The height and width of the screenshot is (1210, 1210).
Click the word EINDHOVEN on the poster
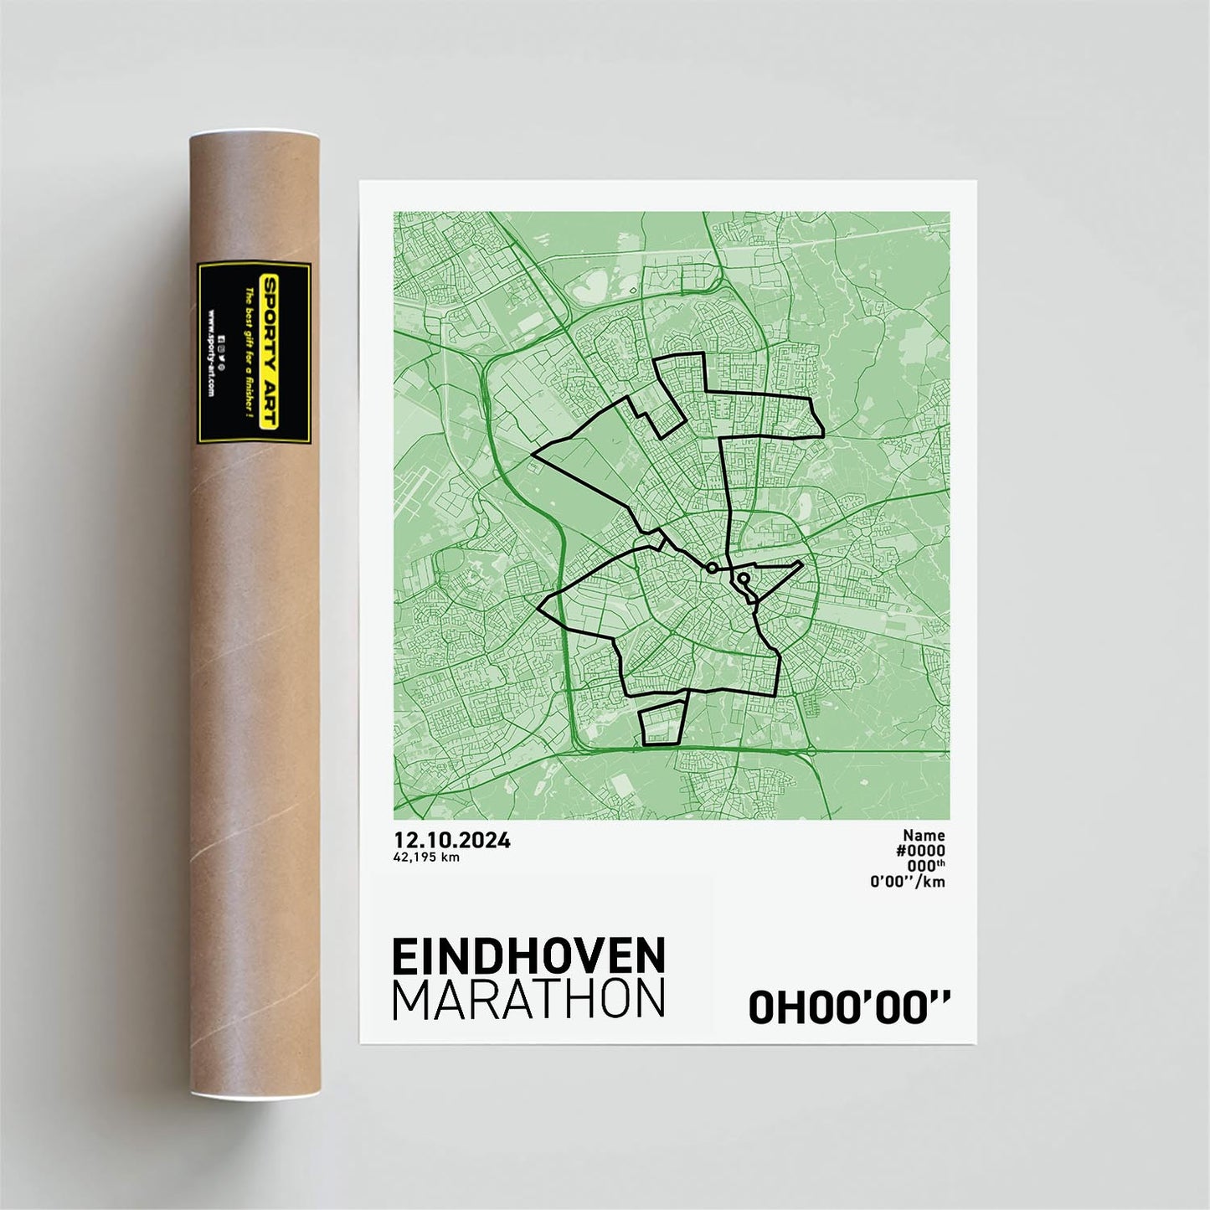(x=528, y=956)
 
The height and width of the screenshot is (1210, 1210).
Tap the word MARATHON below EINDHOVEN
(x=528, y=999)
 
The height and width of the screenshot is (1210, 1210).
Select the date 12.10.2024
(x=452, y=841)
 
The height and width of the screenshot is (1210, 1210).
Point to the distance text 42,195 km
(x=426, y=857)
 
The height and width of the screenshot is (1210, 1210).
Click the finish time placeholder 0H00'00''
(x=849, y=1007)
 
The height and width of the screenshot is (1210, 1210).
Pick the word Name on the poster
(x=924, y=835)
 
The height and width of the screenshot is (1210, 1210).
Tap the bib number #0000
(x=920, y=851)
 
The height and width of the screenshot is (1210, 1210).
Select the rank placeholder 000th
(x=925, y=866)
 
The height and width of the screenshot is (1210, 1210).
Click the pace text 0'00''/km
(x=908, y=881)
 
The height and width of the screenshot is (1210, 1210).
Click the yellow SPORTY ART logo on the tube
(x=270, y=353)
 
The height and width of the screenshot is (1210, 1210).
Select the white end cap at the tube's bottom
(x=254, y=1094)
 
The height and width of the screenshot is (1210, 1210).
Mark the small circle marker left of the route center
(x=712, y=568)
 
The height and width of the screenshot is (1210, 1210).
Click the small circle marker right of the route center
(x=743, y=578)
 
